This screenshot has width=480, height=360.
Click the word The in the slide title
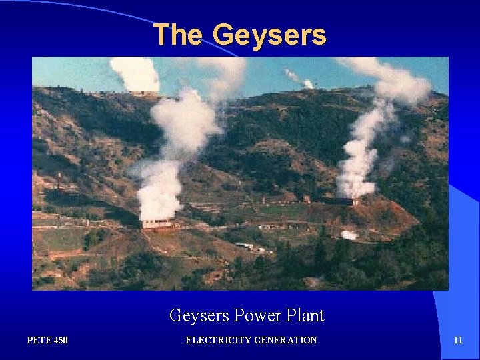point(178,35)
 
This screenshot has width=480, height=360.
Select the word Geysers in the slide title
point(270,35)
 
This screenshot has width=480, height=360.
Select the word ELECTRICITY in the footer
point(215,340)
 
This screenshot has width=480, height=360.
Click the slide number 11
point(457,340)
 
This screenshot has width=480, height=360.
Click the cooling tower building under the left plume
point(157,223)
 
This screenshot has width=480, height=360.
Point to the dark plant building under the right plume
point(340,200)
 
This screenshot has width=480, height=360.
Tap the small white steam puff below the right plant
point(348,235)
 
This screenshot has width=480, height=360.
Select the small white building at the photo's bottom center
point(245,246)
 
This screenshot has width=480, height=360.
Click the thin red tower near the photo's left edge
point(59,181)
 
